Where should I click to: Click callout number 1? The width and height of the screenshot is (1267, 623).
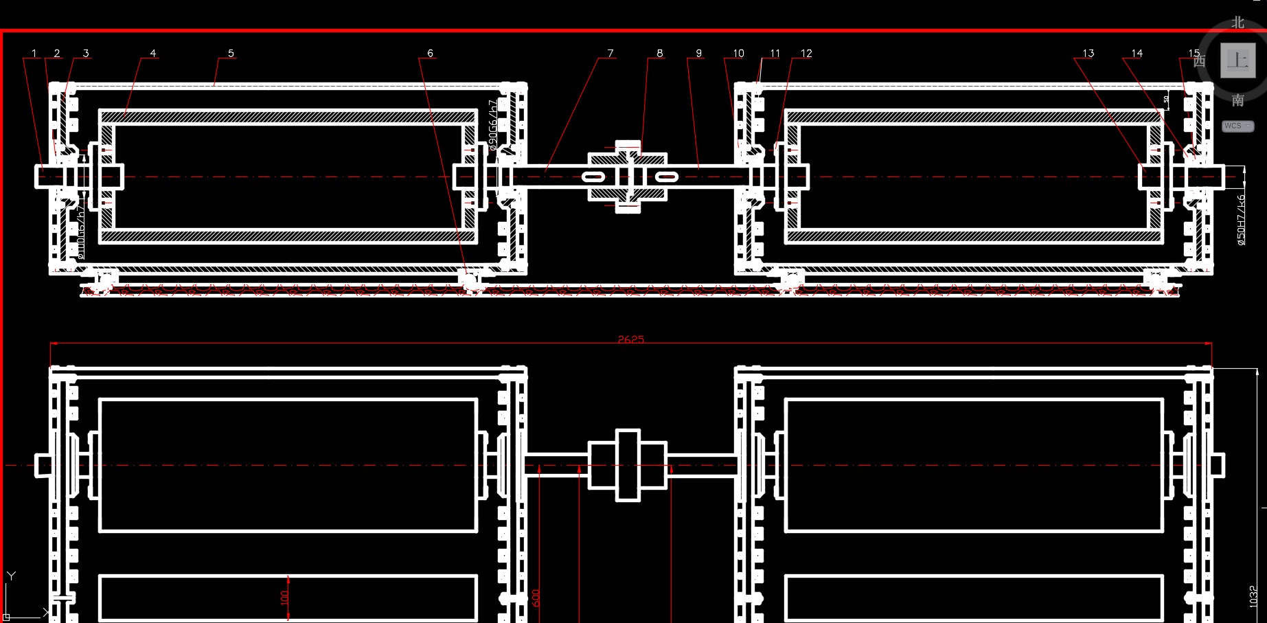tap(34, 54)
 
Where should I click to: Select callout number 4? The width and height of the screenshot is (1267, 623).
tap(152, 54)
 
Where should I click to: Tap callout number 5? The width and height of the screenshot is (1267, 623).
tap(231, 54)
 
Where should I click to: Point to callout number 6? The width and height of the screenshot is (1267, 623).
tap(430, 54)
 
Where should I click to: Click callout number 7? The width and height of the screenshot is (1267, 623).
tap(610, 54)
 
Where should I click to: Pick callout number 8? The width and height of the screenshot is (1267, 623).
tap(659, 54)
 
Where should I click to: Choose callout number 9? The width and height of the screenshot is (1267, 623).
tap(698, 54)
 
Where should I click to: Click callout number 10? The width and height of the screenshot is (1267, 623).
tap(738, 54)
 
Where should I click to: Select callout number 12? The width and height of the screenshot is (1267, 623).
tap(806, 54)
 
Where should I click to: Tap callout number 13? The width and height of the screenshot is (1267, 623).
tap(1088, 54)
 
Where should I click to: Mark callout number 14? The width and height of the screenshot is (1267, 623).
tap(1137, 54)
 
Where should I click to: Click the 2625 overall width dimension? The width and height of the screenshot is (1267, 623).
tap(630, 339)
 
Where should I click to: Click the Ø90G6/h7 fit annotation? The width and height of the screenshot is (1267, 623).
tap(492, 125)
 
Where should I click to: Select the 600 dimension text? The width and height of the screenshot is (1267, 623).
tap(536, 598)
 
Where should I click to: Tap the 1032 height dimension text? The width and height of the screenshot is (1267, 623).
tap(1253, 596)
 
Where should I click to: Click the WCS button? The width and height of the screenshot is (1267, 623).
tap(1237, 126)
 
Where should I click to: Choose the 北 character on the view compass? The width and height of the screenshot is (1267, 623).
tap(1237, 23)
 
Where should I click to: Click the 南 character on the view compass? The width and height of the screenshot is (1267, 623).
tap(1237, 100)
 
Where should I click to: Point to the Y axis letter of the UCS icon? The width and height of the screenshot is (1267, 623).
tap(11, 576)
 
